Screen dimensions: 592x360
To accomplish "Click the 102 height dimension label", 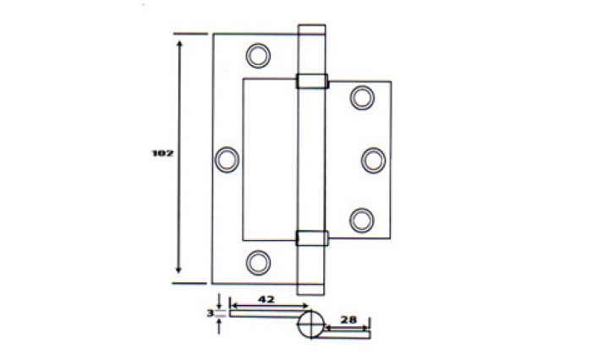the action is point(162,154).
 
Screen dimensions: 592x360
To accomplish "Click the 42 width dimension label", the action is point(266,299).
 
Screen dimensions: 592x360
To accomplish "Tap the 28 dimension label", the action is point(348,320).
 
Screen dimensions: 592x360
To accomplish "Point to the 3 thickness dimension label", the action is point(211,314).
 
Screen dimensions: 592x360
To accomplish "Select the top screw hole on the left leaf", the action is point(258,56).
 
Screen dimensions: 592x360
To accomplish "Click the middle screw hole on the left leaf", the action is point(227,159).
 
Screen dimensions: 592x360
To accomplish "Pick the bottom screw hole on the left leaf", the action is point(258,263).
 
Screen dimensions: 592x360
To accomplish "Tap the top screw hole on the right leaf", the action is point(362,98).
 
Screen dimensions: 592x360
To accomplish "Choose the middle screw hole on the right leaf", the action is point(374,161).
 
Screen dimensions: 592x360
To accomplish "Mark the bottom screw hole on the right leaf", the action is point(362,221).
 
